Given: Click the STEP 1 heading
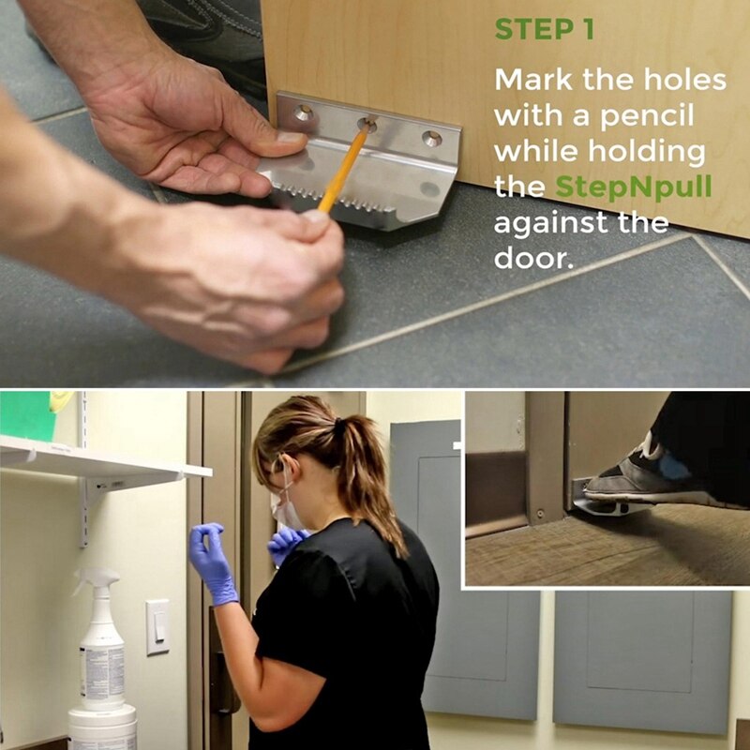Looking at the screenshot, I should pyautogui.click(x=544, y=30).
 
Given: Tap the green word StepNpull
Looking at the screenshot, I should pyautogui.click(x=634, y=187).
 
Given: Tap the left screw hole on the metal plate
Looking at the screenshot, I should pyautogui.click(x=302, y=113).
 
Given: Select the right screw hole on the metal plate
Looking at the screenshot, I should pyautogui.click(x=431, y=139).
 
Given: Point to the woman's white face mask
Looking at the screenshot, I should pyautogui.click(x=285, y=511).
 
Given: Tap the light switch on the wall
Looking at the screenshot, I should pyautogui.click(x=157, y=626).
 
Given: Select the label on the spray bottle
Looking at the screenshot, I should pyautogui.click(x=102, y=671).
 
